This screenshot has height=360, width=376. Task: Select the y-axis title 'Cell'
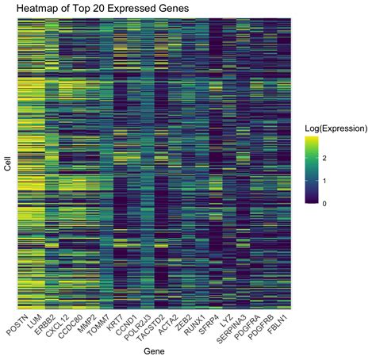(x=7, y=163)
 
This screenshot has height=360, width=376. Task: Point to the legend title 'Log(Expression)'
(x=339, y=128)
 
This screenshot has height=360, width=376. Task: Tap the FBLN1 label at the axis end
(x=282, y=322)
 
